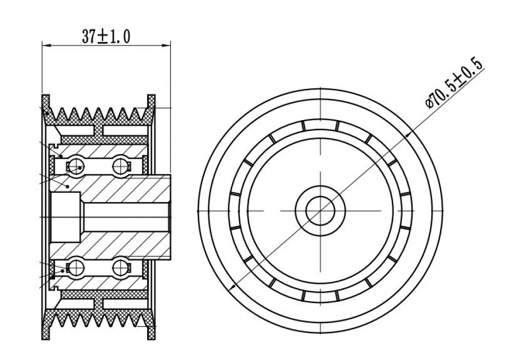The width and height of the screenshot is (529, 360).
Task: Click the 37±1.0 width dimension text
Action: click(106, 37)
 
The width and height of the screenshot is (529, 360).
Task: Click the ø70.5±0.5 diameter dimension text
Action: click(455, 83)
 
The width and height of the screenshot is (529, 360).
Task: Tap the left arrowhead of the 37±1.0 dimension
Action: click(46, 45)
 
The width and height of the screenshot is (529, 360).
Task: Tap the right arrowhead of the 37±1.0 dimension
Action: click(167, 45)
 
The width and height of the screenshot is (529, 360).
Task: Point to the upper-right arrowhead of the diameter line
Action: click(408, 134)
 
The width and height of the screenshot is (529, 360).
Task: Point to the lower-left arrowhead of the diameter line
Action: click(232, 287)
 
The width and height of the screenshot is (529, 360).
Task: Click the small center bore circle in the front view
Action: click(320, 211)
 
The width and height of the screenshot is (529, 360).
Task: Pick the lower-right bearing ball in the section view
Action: click(121, 267)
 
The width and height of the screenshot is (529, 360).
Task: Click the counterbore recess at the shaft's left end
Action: click(65, 217)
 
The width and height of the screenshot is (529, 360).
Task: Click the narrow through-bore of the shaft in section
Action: click(125, 217)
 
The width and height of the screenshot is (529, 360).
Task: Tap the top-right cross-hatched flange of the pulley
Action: click(151, 110)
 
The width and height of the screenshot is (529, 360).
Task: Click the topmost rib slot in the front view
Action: click(320, 125)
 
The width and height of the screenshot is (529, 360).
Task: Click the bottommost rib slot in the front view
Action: click(320, 296)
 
